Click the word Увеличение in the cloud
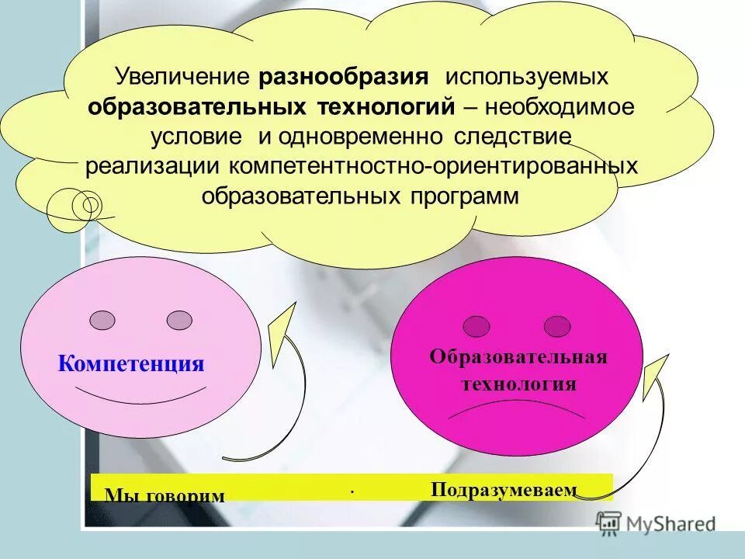coord(182,78)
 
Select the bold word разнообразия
coord(344,78)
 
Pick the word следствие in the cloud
coord(508,137)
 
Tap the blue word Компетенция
coord(131,363)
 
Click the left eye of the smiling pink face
coord(102,319)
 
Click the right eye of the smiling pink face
coord(179,319)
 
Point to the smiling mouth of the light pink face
coord(140,398)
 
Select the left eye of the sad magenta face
coord(476,325)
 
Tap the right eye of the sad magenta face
coord(556,326)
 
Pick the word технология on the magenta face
coord(519,384)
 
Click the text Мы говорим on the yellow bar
coord(165,495)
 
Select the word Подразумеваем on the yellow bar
coord(504,489)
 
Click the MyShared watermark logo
coord(655,523)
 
